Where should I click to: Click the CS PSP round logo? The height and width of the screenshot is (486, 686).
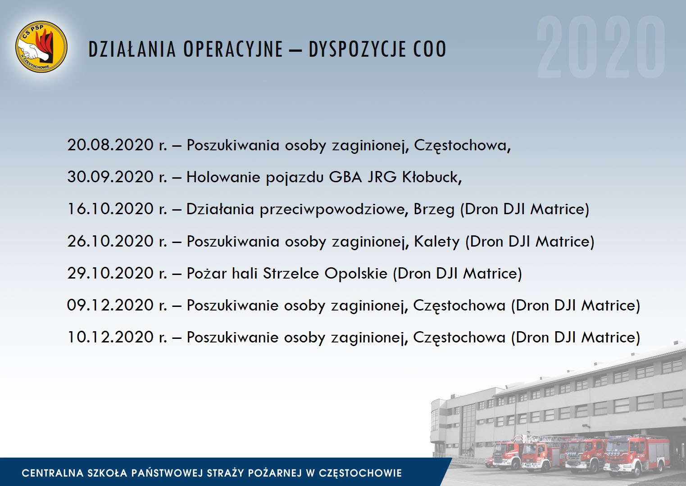pos(41,47)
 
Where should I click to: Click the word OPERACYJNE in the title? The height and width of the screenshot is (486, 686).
pos(233,49)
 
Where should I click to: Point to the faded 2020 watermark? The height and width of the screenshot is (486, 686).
pos(601,47)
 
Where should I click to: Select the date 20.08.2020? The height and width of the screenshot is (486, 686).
pos(110,145)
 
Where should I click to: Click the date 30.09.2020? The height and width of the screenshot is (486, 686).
pos(110,177)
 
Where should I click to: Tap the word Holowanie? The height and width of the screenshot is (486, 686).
pos(223,177)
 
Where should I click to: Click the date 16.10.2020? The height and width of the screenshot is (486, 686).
pos(110,209)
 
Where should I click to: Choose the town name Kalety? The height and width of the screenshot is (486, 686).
pos(437,242)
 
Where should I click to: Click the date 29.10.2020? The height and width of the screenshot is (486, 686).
pos(110,273)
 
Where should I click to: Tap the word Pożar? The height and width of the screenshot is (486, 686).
pos(207,273)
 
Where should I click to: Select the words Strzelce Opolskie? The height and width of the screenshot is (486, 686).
pos(325,274)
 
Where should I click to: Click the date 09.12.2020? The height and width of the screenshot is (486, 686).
pos(110,306)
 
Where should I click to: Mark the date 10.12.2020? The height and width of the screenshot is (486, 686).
pos(110,337)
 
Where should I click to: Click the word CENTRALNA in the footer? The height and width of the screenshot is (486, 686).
pos(53,473)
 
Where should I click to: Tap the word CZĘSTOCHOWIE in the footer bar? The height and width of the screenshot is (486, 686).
pos(360,473)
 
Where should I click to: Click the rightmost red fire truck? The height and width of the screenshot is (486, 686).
pos(637,455)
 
